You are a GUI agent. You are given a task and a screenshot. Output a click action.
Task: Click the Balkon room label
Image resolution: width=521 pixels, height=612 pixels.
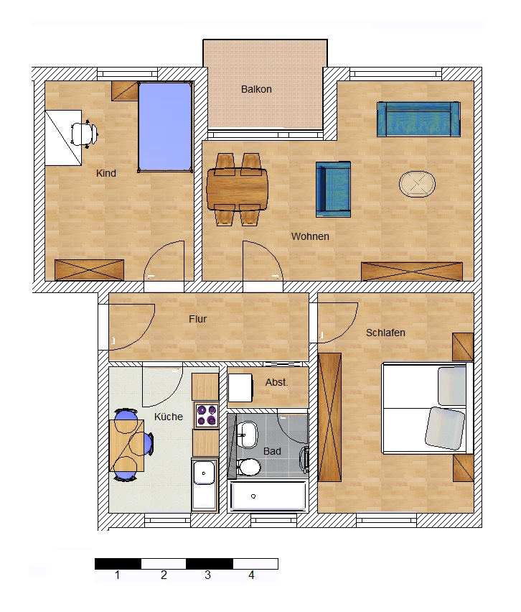click(256, 89)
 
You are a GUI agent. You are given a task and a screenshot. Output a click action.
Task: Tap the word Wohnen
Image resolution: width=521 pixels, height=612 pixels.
click(310, 236)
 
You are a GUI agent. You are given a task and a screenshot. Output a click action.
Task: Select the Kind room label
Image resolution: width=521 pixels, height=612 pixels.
click(106, 173)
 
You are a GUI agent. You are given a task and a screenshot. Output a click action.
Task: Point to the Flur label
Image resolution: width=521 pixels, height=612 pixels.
click(198, 319)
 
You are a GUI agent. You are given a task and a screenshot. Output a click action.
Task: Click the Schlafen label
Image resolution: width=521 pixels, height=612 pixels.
click(385, 333)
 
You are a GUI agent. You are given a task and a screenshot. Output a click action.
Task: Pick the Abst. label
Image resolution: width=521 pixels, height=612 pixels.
click(276, 382)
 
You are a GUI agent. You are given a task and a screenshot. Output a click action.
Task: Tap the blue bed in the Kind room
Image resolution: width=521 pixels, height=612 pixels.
click(165, 126)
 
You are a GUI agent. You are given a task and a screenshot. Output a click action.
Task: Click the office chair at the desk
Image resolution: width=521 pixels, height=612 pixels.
click(84, 134)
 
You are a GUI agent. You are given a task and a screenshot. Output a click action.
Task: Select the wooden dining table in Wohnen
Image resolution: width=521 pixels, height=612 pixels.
click(238, 190)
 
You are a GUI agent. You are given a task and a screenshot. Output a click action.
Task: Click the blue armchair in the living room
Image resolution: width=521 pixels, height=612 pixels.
click(334, 190)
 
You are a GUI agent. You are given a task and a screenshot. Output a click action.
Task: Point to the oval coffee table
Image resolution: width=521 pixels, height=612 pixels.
click(417, 184)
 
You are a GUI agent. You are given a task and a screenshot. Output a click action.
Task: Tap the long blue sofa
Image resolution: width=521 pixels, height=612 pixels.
click(418, 119)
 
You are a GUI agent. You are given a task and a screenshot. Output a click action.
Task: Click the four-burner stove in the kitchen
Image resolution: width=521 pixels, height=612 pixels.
click(207, 415)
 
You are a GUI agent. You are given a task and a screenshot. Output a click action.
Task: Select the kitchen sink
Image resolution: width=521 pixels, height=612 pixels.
click(204, 485)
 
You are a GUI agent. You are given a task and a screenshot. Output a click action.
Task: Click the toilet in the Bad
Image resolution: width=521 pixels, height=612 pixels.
click(248, 467)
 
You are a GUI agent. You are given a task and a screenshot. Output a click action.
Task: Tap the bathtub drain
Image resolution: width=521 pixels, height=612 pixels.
click(253, 496)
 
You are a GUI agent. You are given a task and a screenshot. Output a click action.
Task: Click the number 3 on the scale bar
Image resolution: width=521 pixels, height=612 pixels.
click(208, 575)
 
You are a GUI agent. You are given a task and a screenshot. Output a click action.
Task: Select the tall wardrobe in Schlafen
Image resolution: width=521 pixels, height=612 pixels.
click(330, 417)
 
